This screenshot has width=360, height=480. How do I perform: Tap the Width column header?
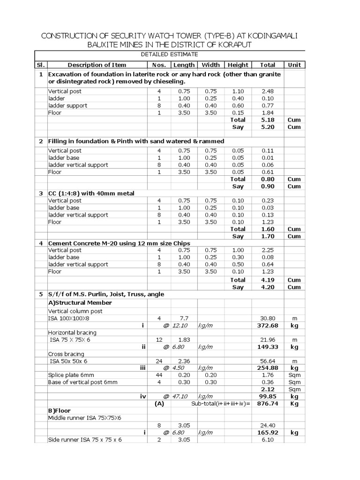[210, 65]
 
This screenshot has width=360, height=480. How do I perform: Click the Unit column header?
[294, 65]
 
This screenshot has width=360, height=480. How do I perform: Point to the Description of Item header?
[97, 65]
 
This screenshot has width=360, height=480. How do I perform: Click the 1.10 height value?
[238, 91]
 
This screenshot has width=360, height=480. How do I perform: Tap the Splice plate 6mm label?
[71, 375]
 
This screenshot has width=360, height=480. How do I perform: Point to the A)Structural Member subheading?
[80, 303]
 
